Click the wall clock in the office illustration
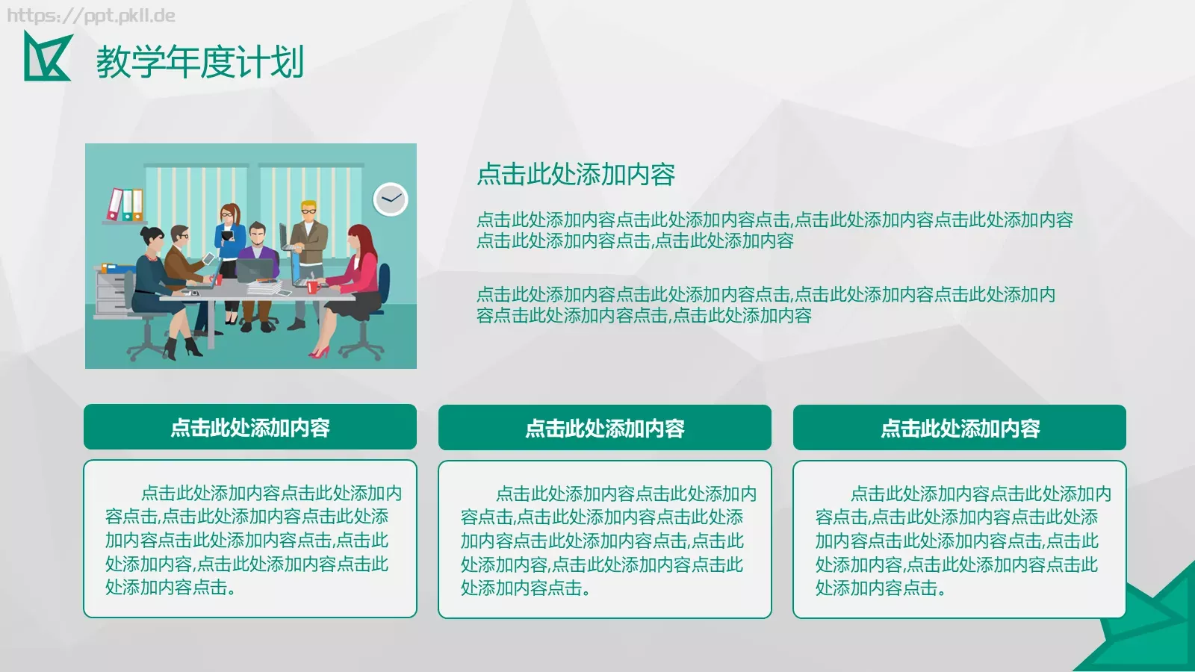click(390, 199)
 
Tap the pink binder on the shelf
click(115, 204)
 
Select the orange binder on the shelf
click(137, 205)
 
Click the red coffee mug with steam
click(312, 286)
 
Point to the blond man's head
click(308, 210)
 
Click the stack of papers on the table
click(264, 287)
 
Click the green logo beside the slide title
click(46, 57)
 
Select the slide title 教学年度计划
click(200, 61)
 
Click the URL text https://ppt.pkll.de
click(91, 16)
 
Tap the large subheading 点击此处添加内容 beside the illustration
click(576, 174)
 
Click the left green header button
click(250, 427)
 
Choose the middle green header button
click(605, 428)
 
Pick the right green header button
click(960, 428)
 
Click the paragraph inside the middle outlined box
click(605, 541)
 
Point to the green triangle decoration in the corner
click(1150, 627)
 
